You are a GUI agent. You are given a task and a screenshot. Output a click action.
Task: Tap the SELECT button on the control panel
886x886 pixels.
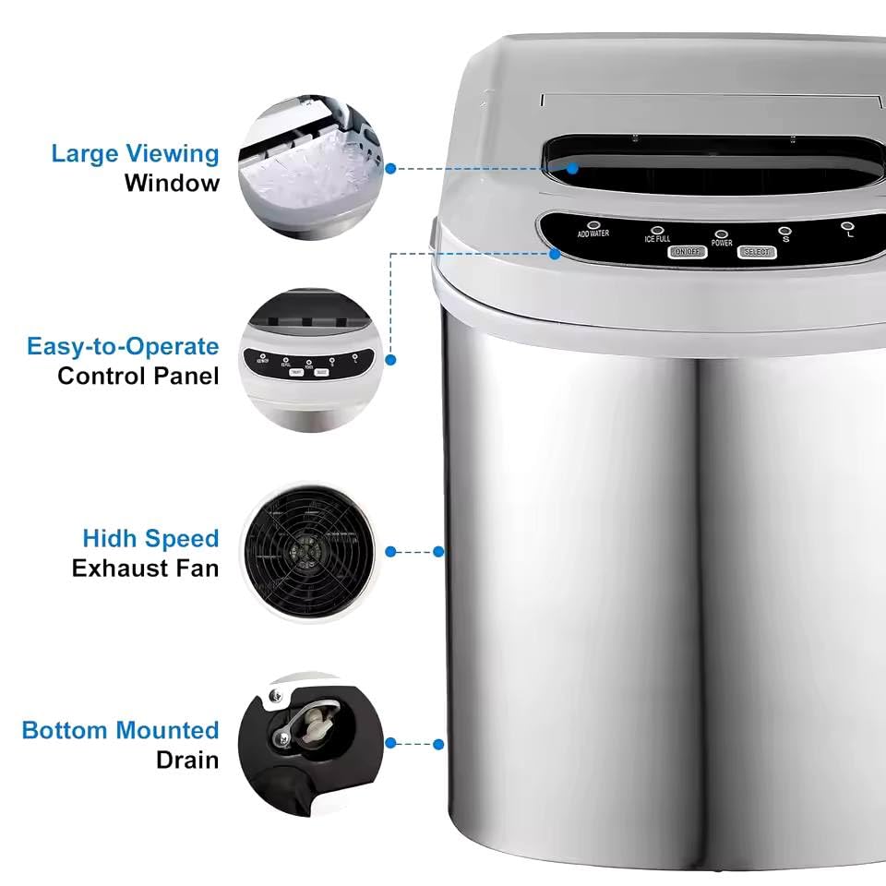(x=757, y=252)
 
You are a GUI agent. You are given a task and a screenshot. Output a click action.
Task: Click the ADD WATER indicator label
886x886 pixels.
(x=593, y=234)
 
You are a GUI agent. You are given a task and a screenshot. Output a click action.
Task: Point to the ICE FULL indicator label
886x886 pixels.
(x=657, y=239)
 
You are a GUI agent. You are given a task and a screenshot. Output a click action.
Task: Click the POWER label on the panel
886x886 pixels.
(x=722, y=244)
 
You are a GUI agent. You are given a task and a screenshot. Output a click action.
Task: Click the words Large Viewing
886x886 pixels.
(x=135, y=153)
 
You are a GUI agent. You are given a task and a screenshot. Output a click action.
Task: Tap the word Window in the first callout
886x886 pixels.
(x=173, y=183)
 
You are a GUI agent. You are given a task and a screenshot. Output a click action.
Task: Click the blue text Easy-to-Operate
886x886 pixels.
(x=123, y=347)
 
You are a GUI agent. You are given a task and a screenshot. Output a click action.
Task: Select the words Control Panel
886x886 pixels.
(x=138, y=377)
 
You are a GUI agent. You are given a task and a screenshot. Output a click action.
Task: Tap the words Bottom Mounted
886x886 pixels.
(x=121, y=731)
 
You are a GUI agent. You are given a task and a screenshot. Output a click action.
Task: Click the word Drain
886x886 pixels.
(x=187, y=760)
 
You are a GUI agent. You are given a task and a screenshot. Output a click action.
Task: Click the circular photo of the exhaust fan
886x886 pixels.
(x=310, y=551)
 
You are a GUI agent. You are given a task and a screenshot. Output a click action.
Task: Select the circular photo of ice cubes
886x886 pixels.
(x=310, y=171)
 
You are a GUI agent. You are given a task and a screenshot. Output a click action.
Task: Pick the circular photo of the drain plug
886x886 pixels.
(x=310, y=743)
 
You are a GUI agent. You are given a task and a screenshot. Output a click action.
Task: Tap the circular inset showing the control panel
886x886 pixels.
(x=310, y=361)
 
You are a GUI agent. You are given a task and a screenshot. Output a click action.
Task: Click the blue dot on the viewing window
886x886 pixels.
(x=573, y=169)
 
